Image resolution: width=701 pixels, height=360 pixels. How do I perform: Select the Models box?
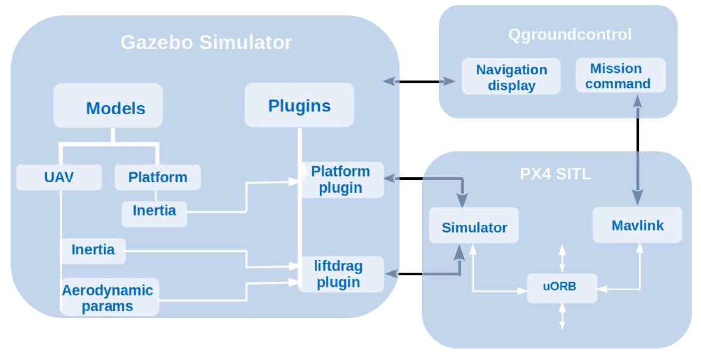(x=108, y=106)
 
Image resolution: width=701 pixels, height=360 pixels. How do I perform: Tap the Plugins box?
(x=299, y=105)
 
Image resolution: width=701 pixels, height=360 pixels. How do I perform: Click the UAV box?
(x=59, y=177)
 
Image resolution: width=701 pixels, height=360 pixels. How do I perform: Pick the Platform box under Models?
(x=157, y=177)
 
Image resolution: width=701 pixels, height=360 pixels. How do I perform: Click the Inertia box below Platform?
(x=154, y=214)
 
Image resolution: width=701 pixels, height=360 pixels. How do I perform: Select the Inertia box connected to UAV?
(x=93, y=251)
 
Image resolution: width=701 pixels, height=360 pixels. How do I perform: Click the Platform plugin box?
(x=341, y=180)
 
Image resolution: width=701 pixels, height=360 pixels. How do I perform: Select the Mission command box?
(x=620, y=75)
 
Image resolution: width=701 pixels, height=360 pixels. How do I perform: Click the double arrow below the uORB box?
(x=562, y=317)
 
